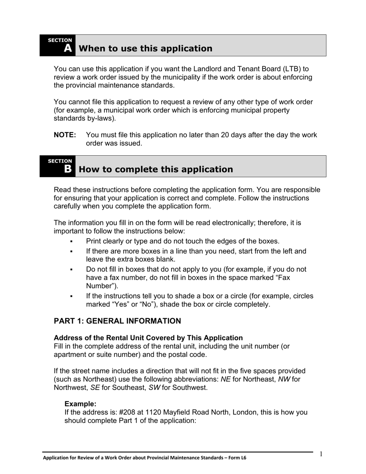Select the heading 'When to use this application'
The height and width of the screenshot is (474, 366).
click(145, 49)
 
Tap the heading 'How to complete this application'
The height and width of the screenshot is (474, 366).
click(156, 170)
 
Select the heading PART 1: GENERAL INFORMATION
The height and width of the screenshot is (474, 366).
click(117, 321)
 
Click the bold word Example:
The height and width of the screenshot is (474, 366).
click(80, 404)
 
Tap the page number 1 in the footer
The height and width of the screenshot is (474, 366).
click(321, 454)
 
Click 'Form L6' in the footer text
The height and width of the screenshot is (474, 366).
click(236, 458)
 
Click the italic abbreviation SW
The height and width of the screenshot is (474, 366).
click(154, 388)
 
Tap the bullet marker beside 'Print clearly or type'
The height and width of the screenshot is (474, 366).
click(72, 242)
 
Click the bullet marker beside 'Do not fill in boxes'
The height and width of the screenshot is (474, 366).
click(72, 270)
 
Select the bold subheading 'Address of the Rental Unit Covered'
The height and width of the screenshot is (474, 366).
click(148, 338)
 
